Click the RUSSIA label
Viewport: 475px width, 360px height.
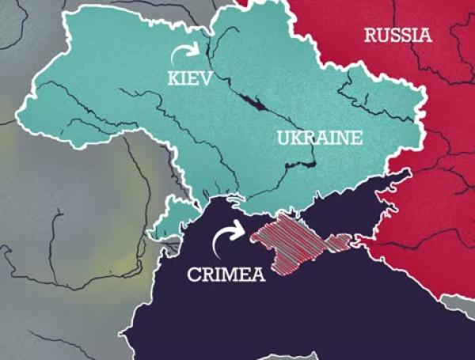[x=397, y=35]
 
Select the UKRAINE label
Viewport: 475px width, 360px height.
[x=319, y=138]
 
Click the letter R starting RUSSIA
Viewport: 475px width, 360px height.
[x=370, y=35]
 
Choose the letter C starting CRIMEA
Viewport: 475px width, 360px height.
[x=192, y=275]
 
